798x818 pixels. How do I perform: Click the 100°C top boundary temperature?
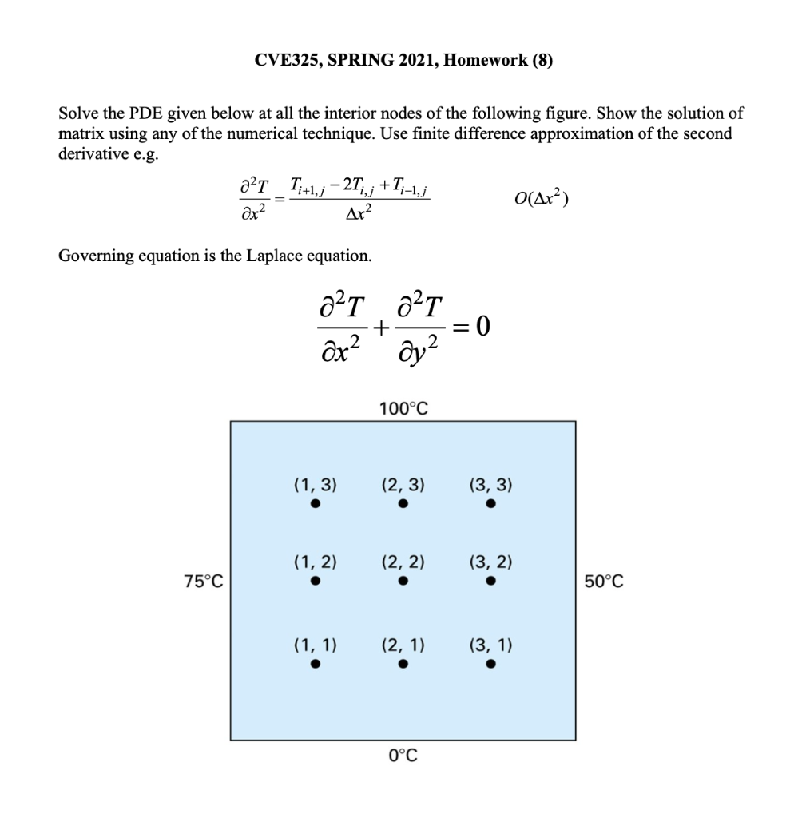coord(403,409)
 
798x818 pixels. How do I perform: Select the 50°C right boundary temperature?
coord(603,582)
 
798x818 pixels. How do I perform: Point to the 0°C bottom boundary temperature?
coord(403,755)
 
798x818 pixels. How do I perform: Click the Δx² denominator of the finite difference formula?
coord(353,216)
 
